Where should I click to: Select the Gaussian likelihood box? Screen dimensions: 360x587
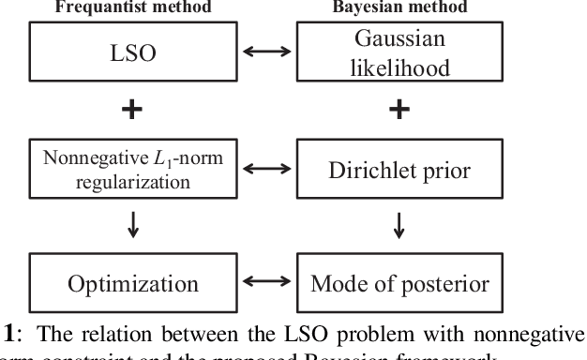(x=399, y=53)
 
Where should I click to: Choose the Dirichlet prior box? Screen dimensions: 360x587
(x=399, y=170)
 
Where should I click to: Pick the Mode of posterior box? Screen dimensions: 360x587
(x=399, y=284)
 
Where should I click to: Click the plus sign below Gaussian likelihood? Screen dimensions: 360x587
(x=400, y=111)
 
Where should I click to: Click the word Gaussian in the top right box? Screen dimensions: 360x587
(x=399, y=40)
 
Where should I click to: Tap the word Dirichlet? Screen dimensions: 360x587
(x=371, y=170)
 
